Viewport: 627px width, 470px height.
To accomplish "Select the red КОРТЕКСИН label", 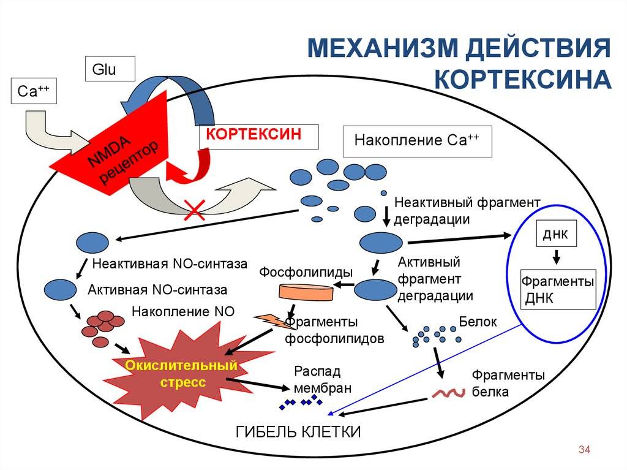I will (258, 135).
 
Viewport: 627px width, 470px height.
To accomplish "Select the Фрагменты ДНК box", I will (558, 289).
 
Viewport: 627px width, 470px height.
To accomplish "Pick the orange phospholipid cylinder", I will (307, 293).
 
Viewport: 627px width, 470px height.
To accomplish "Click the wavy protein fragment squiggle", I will (450, 393).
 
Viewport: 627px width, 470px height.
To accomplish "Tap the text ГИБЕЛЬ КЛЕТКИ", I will (299, 431).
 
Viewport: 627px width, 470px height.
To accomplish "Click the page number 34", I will (584, 450).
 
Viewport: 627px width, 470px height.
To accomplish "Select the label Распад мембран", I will (322, 379).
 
